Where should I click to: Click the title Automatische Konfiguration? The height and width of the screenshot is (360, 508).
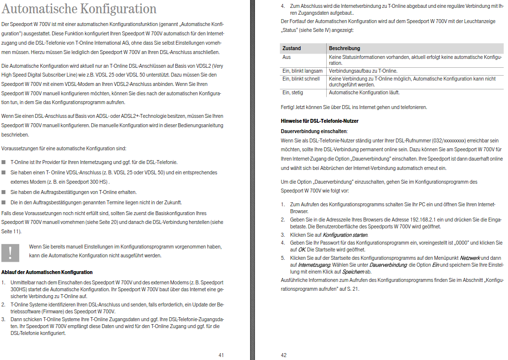coord(79,9)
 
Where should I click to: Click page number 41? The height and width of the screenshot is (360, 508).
coord(221,355)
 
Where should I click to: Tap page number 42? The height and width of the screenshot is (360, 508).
coord(283,355)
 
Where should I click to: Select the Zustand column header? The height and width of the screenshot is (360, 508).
coord(291,49)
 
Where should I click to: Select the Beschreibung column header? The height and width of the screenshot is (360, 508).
coord(344,49)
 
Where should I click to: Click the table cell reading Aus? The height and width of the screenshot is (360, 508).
coord(286,57)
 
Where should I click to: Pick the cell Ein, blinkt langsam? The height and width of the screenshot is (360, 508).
coord(302,71)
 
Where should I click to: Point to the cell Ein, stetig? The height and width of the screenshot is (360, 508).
coord(292,92)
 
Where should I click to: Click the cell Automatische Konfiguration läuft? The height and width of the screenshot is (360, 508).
coord(364,92)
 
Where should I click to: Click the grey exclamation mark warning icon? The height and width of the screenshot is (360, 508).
coord(11,251)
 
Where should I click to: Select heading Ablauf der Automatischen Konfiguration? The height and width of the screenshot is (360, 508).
coord(47,272)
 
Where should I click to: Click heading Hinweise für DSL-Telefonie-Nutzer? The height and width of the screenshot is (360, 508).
coord(319,121)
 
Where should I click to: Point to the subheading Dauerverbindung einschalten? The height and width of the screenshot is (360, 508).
coord(313,131)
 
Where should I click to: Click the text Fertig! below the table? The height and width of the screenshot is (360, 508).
coord(288,107)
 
